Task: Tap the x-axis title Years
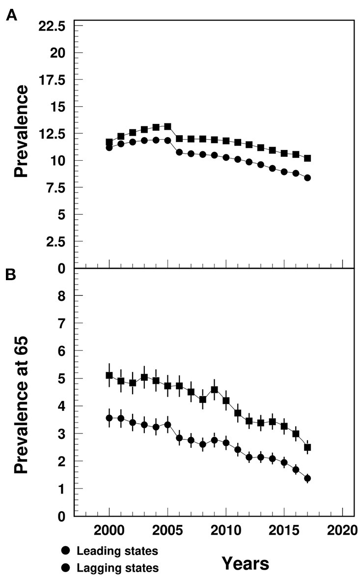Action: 245,563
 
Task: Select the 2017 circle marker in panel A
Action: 307,178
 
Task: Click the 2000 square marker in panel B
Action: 109,375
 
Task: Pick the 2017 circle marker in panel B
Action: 307,478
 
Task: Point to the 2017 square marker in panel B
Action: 307,447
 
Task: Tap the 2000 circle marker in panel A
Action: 109,147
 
